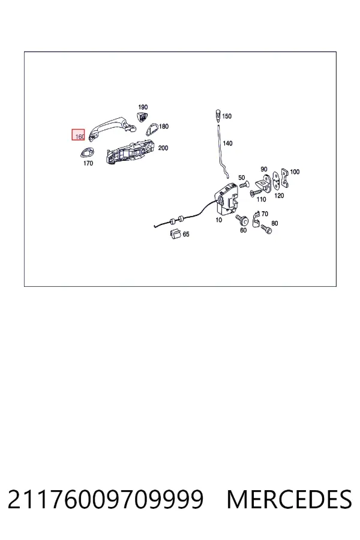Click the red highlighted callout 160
coord(78,134)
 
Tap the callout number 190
coord(143,107)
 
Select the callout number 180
coord(164,127)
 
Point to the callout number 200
coord(163,148)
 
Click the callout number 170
coord(88,163)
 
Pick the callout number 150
coord(227,116)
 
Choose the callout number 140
coord(227,143)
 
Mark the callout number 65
coord(186,234)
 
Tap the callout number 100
coord(295,172)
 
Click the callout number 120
coord(279,196)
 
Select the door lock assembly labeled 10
coord(226,199)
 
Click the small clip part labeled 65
coord(175,233)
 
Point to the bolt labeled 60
coord(242,219)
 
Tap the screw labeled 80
coord(266,229)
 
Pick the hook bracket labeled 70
coord(256,220)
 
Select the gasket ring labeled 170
coord(87,152)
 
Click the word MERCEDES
coord(289,499)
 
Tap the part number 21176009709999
coord(106,499)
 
